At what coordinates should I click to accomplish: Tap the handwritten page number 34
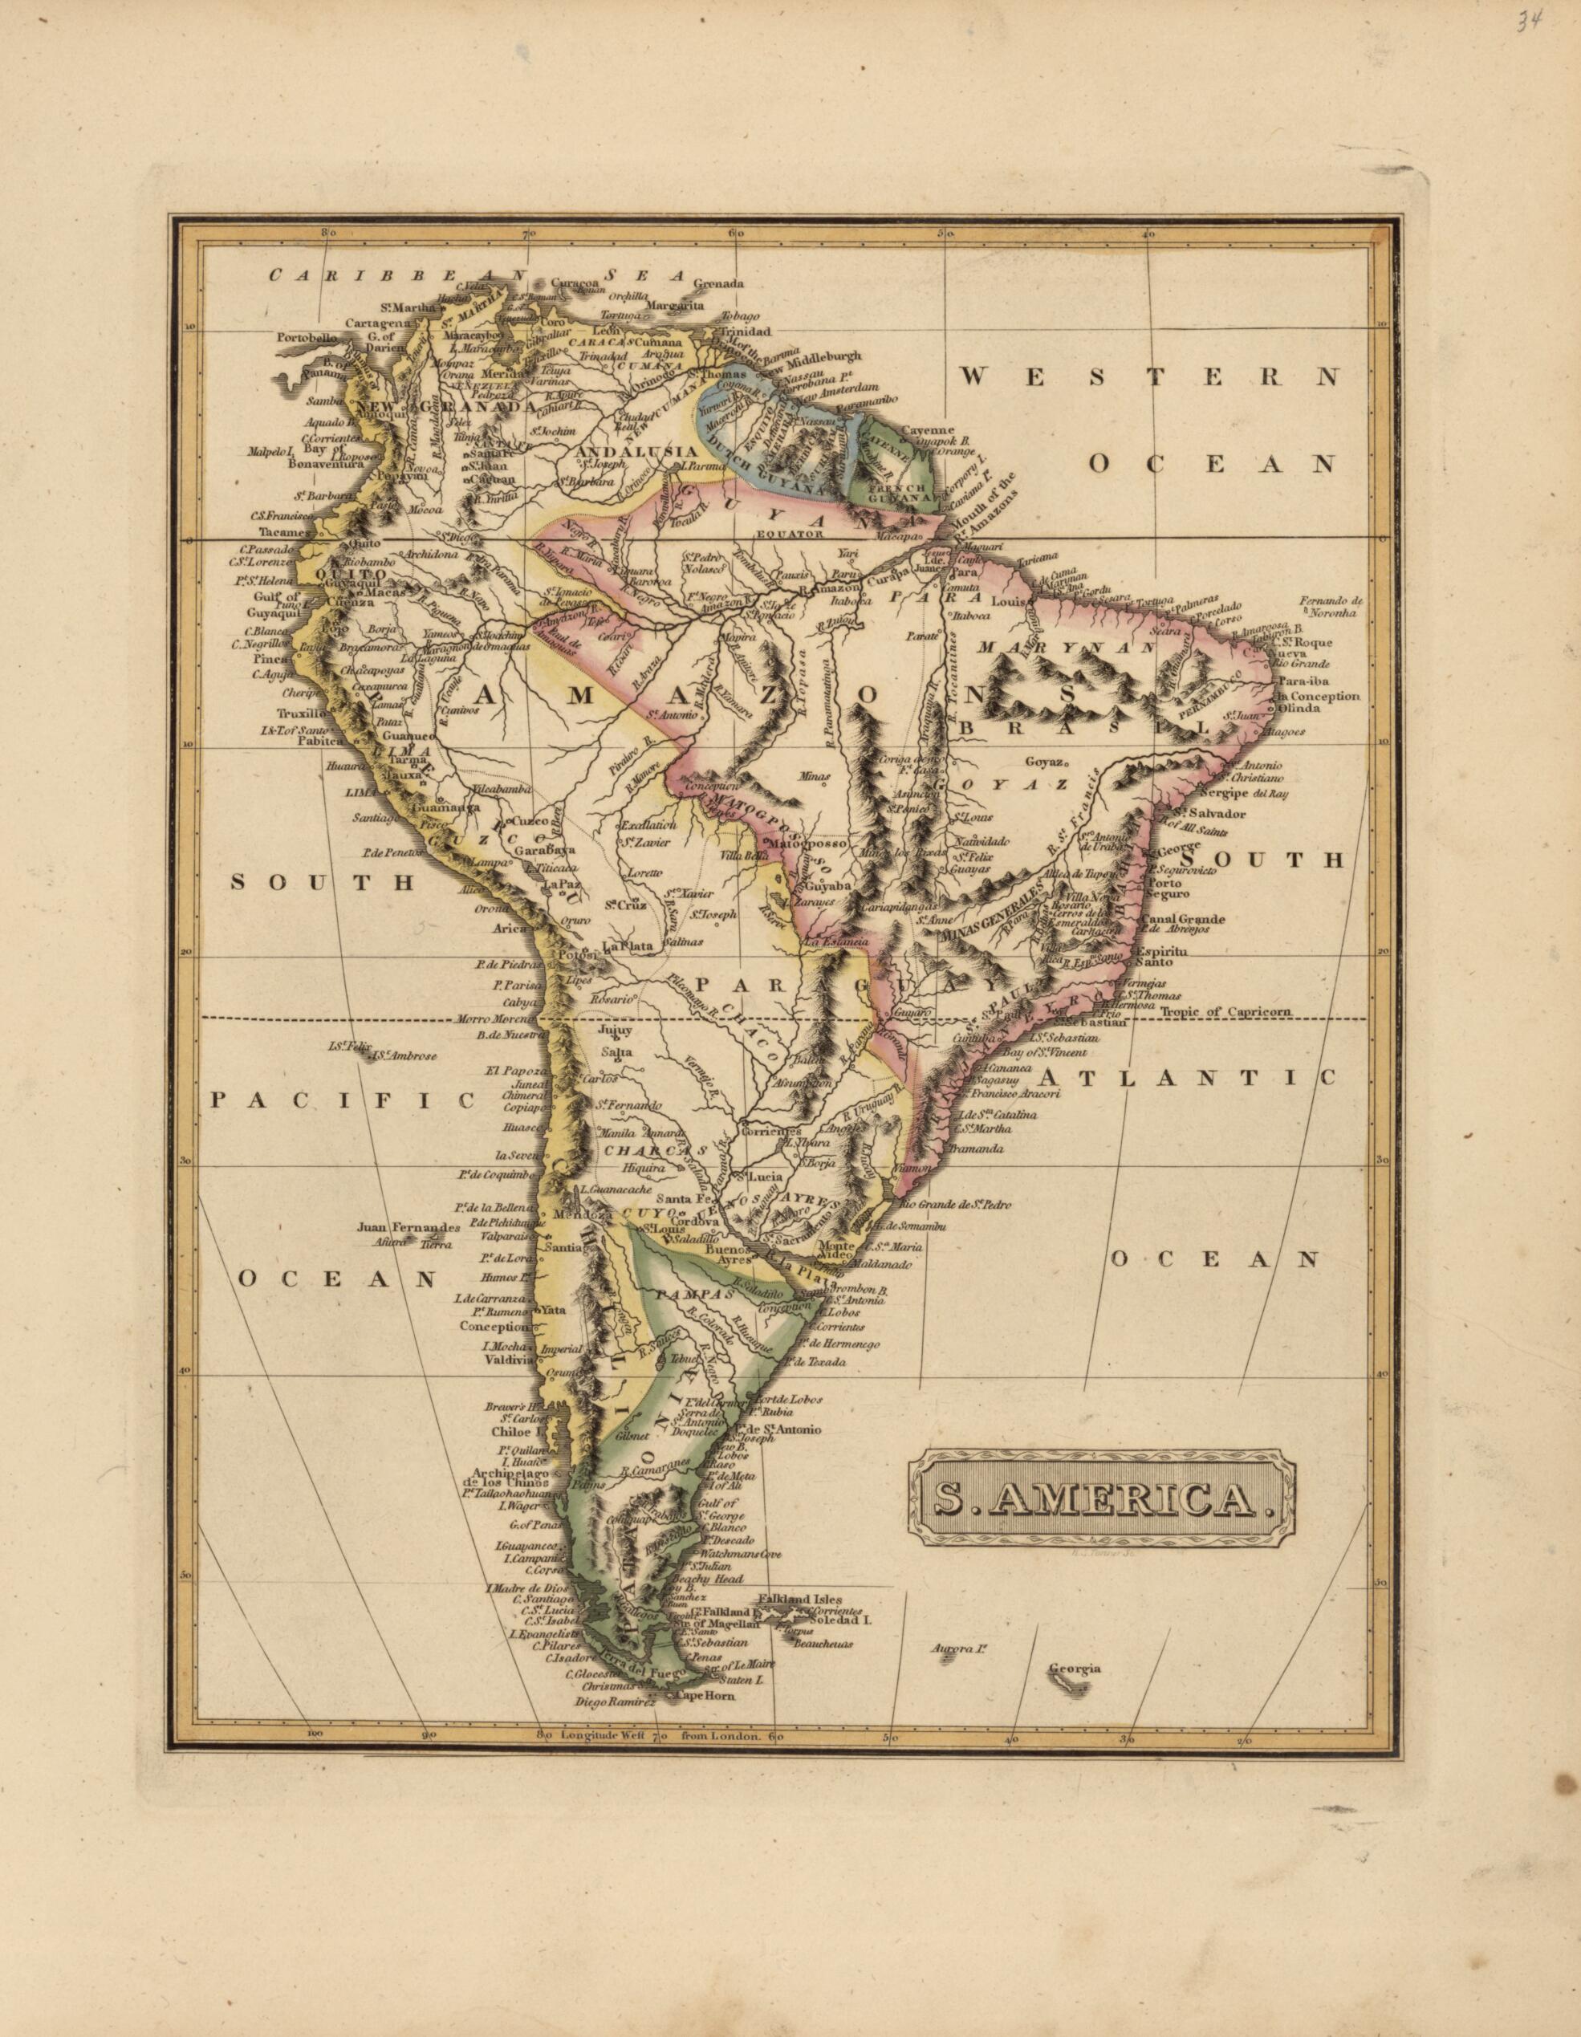1528,22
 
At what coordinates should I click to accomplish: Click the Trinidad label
744,331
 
